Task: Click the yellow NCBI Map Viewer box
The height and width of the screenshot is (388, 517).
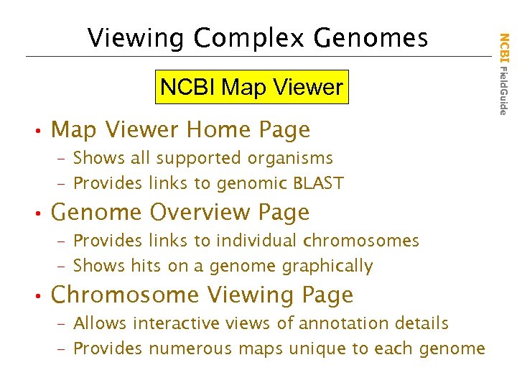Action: click(x=251, y=88)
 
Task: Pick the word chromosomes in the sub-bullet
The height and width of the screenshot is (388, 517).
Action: click(x=361, y=241)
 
